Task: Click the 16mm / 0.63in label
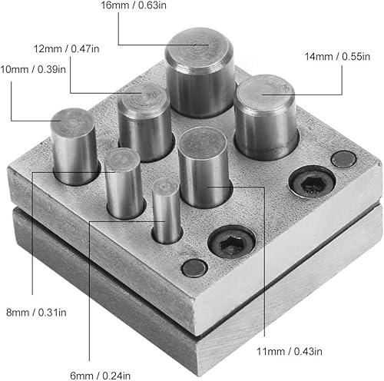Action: point(134,5)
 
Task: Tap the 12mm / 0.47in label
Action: point(66,48)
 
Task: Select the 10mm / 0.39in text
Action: point(33,69)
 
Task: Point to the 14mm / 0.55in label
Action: point(337,56)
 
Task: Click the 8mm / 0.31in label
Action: point(36,313)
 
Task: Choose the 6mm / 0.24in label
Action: point(100,376)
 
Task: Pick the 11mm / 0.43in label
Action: point(290,351)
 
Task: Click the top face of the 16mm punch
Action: point(199,48)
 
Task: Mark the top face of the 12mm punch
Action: point(144,98)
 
